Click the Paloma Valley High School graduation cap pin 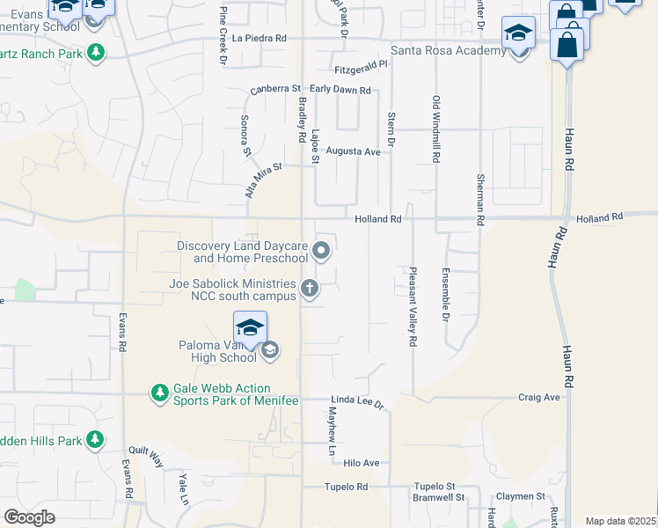coord(251,328)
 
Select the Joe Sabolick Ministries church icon coord(310,288)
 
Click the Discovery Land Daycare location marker coord(322,252)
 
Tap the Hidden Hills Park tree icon coord(95,439)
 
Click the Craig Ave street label coord(538,398)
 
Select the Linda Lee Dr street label coord(358,401)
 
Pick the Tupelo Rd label coord(345,487)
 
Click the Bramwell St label coord(439,498)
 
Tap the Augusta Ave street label coord(353,151)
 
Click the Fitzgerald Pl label coord(361,67)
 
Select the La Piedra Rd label coord(260,39)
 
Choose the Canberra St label coord(275,90)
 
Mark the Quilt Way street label coord(146,458)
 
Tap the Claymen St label coord(520,496)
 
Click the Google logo coord(30,517)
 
